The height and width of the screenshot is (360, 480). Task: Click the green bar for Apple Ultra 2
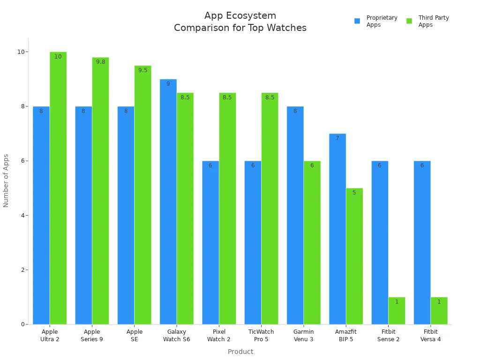tap(58, 187)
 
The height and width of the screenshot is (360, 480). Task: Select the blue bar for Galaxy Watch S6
tap(168, 202)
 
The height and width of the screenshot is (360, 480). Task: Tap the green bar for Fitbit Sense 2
tap(397, 310)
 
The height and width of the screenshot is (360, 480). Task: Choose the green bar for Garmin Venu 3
tap(312, 242)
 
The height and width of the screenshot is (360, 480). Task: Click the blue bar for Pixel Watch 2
tap(210, 242)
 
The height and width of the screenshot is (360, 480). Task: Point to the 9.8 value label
tap(101, 62)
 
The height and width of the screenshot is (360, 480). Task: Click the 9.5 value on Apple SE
tap(143, 70)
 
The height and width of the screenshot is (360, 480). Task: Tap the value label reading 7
tap(337, 138)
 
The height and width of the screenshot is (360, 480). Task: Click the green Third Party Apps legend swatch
tap(409, 21)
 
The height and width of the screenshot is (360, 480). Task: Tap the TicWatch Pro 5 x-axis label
tap(261, 336)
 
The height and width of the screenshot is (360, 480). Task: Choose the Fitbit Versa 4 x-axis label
tap(430, 336)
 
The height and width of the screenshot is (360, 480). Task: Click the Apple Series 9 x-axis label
tap(92, 336)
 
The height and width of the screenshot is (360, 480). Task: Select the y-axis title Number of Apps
tap(6, 180)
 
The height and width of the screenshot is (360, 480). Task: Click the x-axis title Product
tap(240, 352)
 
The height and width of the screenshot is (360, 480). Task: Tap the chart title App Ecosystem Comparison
tap(240, 22)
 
